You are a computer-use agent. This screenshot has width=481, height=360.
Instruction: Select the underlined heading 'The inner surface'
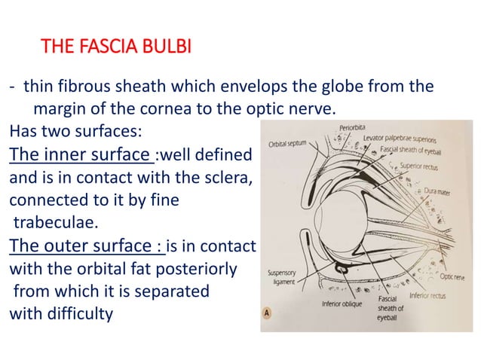tap(80, 156)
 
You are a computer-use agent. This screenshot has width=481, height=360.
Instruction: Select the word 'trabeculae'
tap(55, 223)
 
